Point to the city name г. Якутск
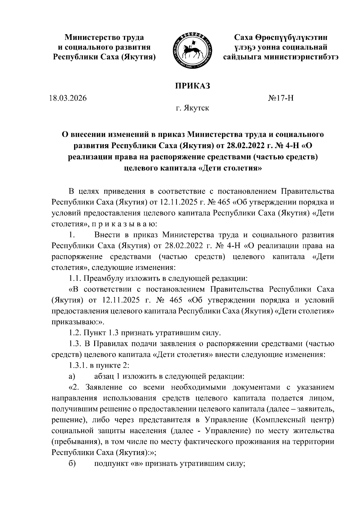tap(193, 108)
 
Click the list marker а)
tap(72, 376)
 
